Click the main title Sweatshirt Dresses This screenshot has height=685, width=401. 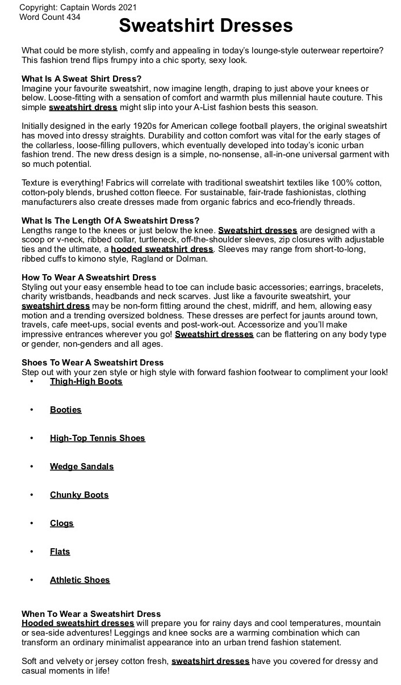[x=206, y=26]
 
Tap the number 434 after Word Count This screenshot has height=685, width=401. [x=73, y=17]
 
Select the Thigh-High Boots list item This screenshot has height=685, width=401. [x=86, y=381]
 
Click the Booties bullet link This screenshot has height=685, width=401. [x=66, y=410]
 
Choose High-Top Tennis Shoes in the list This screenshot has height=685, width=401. [x=98, y=438]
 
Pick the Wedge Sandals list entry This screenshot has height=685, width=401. [x=82, y=467]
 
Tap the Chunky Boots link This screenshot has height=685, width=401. [x=79, y=495]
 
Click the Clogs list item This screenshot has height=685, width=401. [x=62, y=523]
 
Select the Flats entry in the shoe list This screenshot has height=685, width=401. [x=60, y=552]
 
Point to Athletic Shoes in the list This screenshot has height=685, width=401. [x=80, y=580]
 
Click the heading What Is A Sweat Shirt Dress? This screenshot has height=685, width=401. [x=82, y=78]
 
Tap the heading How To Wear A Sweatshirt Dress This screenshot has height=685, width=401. [x=89, y=278]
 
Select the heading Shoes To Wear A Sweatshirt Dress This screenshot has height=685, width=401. [x=93, y=363]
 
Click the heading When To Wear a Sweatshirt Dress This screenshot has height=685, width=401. [x=91, y=613]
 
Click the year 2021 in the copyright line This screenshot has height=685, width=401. [x=127, y=7]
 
